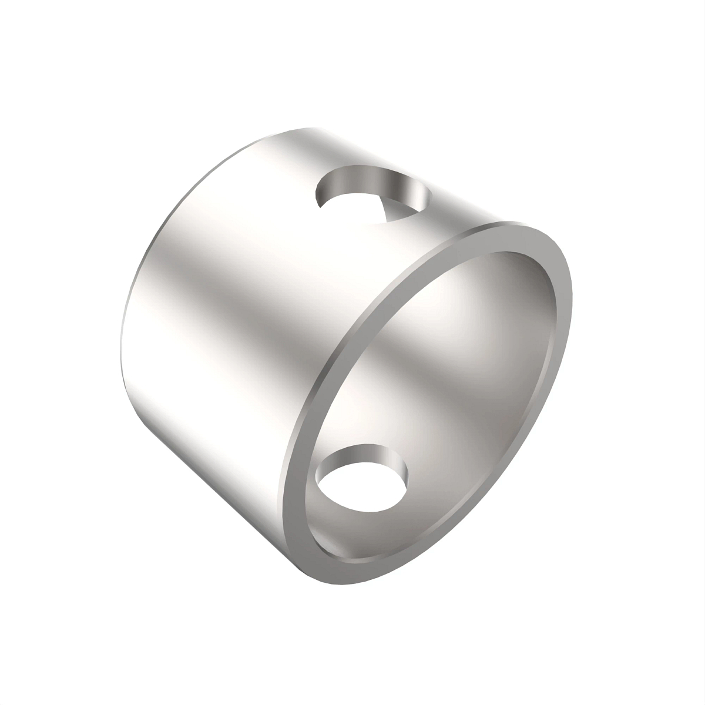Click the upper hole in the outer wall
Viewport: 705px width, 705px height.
point(374,194)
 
